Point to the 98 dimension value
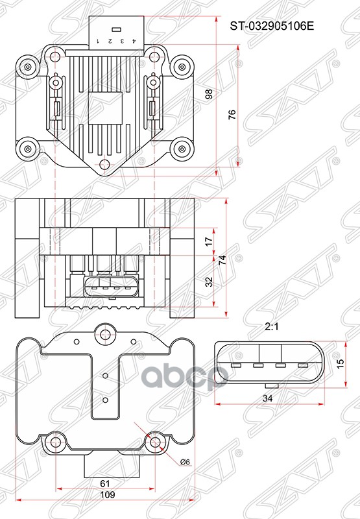pos(208,94)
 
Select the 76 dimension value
pos(232,114)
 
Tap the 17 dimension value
pos(208,241)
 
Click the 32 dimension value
pos(208,282)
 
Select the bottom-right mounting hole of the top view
pos(181,148)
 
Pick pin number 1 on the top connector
pos(97,40)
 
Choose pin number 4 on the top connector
pos(133,40)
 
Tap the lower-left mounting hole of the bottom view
pos(54,442)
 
